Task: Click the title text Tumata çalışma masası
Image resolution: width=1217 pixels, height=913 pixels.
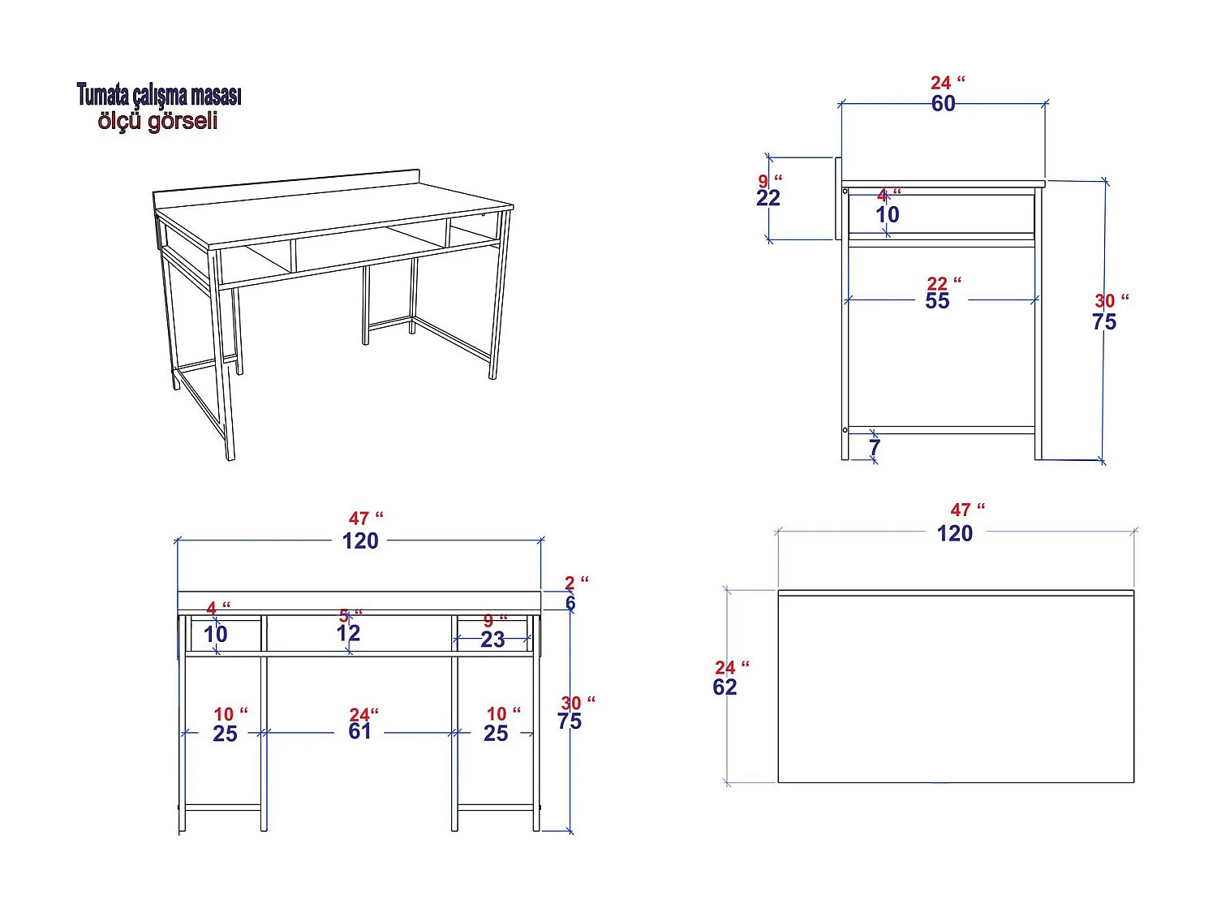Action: coord(159,95)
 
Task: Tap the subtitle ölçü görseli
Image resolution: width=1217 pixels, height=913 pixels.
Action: coord(158,121)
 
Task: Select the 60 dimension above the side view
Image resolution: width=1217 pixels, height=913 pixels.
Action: coord(943,104)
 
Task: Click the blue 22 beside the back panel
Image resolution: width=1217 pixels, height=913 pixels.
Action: coord(768,198)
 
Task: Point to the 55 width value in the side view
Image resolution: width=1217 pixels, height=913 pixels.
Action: coord(937,301)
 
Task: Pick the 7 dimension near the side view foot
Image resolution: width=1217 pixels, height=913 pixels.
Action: coord(874,448)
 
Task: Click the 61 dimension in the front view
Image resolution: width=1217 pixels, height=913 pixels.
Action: coord(359,732)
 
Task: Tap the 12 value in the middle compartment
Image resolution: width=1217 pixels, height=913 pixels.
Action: coord(348,634)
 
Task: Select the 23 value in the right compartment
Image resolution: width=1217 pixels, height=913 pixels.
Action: coord(492,640)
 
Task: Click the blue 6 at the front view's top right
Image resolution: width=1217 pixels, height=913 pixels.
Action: coord(570,604)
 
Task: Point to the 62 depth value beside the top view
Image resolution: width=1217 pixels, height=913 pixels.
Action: coord(725,687)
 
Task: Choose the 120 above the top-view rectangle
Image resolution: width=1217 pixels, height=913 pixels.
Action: coord(955,534)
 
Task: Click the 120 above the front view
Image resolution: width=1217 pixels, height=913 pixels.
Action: coord(360,541)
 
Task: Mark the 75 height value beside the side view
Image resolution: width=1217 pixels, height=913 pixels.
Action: coord(1104,322)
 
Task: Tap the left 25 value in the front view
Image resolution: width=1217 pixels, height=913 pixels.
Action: coord(225,734)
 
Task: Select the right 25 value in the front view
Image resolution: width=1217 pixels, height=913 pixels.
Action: coord(496,734)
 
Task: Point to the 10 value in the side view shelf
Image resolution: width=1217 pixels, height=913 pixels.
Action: coord(887,215)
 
